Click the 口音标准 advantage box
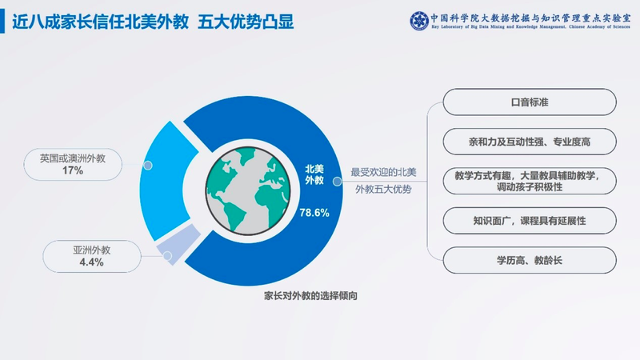pyautogui.click(x=530, y=102)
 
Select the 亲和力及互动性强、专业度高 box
pyautogui.click(x=530, y=142)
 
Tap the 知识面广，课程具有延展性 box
pyautogui.click(x=530, y=221)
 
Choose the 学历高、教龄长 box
pyautogui.click(x=530, y=261)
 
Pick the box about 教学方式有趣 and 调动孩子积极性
pyautogui.click(x=530, y=182)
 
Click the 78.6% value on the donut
pyautogui.click(x=314, y=213)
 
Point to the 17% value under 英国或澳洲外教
pyautogui.click(x=73, y=170)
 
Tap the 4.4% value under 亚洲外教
pyautogui.click(x=91, y=262)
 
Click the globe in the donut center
pyautogui.click(x=248, y=190)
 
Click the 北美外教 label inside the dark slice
pyautogui.click(x=314, y=174)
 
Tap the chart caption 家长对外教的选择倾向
pyautogui.click(x=310, y=295)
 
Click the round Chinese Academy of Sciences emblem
pyautogui.click(x=419, y=21)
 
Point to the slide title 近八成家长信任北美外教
pyautogui.click(x=101, y=22)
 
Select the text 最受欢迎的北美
pyautogui.click(x=383, y=172)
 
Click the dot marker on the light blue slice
pyautogui.click(x=148, y=166)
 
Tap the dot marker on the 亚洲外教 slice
pyautogui.click(x=167, y=256)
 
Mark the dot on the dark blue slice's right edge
pyautogui.click(x=337, y=182)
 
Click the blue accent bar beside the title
pyautogui.click(x=2, y=22)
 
